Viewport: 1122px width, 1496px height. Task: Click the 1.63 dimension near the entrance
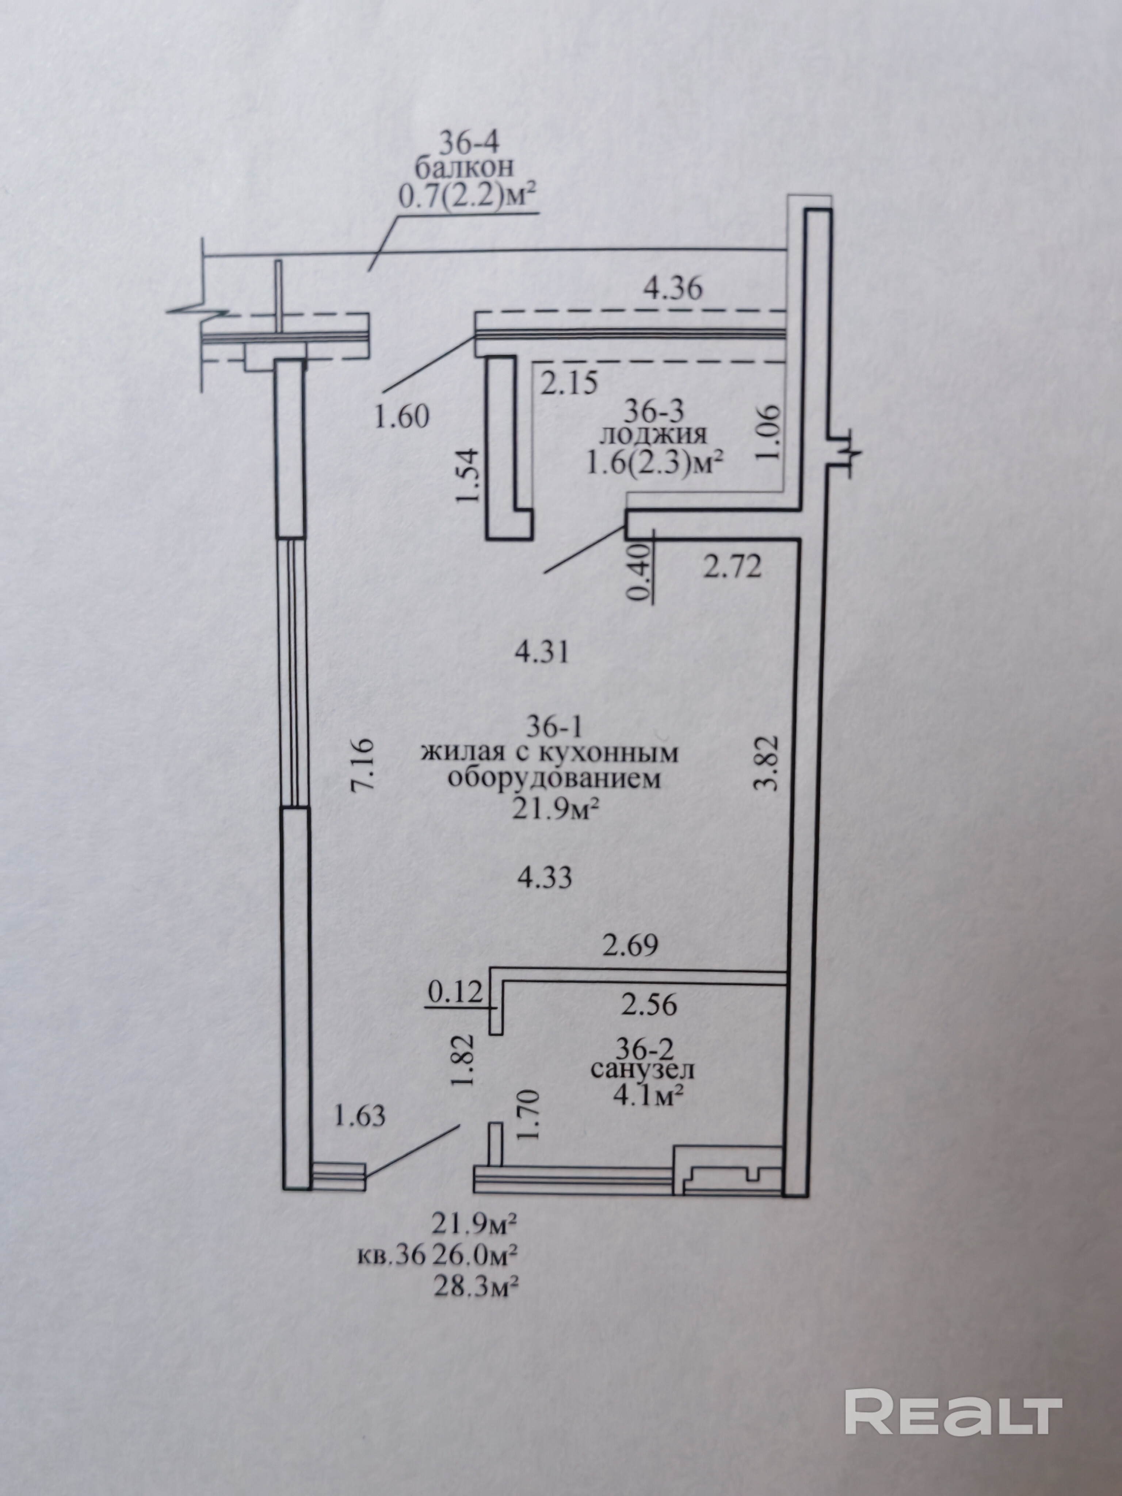point(360,1115)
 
